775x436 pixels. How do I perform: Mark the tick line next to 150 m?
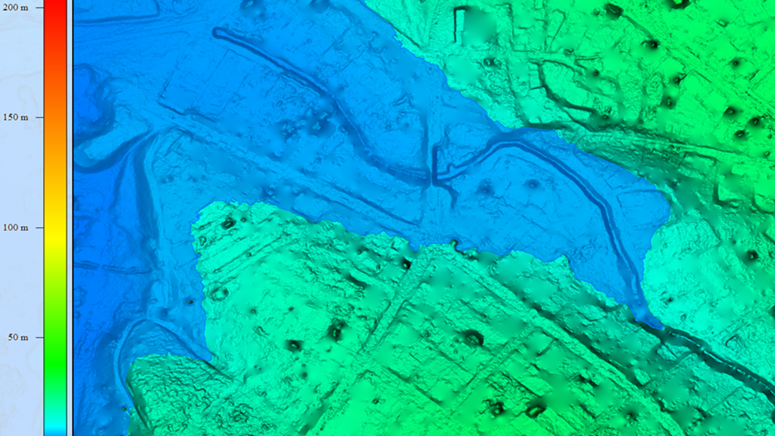tap(39, 117)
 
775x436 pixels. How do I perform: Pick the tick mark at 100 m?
tap(39, 228)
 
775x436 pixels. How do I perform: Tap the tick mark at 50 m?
tap(39, 337)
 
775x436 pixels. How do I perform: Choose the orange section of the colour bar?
tap(55, 120)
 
